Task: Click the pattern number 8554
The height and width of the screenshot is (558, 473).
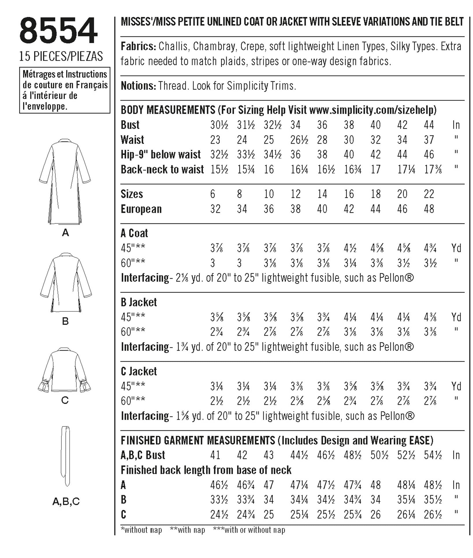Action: pos(59,31)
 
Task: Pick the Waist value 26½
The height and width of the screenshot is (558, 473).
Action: pos(299,140)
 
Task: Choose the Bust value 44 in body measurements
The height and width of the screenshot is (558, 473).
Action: pos(429,125)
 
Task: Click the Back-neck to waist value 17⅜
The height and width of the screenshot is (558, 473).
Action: pos(433,170)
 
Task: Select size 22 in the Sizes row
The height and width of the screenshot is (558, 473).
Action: pos(429,194)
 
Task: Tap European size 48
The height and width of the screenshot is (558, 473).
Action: pos(429,209)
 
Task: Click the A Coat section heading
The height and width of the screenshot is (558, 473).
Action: pos(134,233)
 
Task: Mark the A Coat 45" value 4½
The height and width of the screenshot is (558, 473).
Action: pos(350,248)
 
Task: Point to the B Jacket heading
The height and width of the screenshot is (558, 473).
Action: pos(139,302)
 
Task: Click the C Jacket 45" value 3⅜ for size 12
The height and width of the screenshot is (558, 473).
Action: pos(297,386)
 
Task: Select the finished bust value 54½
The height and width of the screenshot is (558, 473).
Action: pos(433,455)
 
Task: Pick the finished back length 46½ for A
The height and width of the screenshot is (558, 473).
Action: pos(219,485)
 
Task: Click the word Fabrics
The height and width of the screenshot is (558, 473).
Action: pos(138,46)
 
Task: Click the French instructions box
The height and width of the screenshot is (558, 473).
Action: pos(65,90)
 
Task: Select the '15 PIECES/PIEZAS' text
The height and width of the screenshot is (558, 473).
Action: pos(61,56)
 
